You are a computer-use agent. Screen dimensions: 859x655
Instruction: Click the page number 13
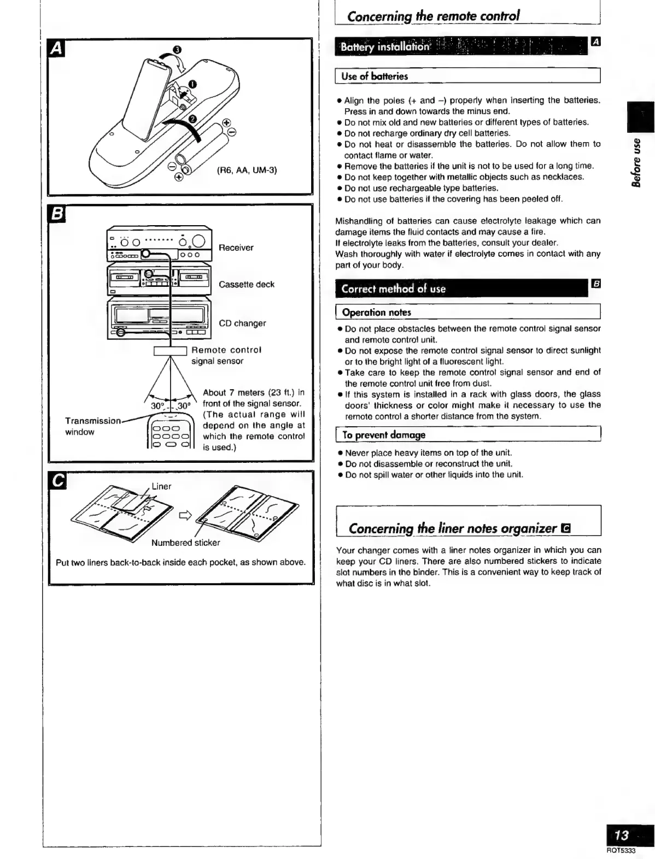[622, 835]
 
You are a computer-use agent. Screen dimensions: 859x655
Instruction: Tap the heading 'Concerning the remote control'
[434, 16]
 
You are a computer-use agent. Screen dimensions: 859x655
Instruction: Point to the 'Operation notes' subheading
[376, 313]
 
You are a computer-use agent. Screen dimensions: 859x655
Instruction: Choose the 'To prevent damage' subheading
[383, 435]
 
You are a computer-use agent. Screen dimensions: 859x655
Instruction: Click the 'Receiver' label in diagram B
[236, 248]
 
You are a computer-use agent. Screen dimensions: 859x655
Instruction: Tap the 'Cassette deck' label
[246, 284]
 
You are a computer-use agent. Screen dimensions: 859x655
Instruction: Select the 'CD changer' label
[242, 323]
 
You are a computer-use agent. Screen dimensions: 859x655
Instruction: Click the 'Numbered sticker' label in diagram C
[185, 543]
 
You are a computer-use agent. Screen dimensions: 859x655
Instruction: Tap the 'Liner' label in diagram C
[161, 486]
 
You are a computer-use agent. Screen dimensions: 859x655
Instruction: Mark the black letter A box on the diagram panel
[56, 49]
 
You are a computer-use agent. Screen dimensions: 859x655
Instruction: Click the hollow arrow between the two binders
[185, 515]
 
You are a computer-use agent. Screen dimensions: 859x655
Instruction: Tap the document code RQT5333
[621, 851]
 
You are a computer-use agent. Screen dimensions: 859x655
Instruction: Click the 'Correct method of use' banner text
[393, 289]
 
